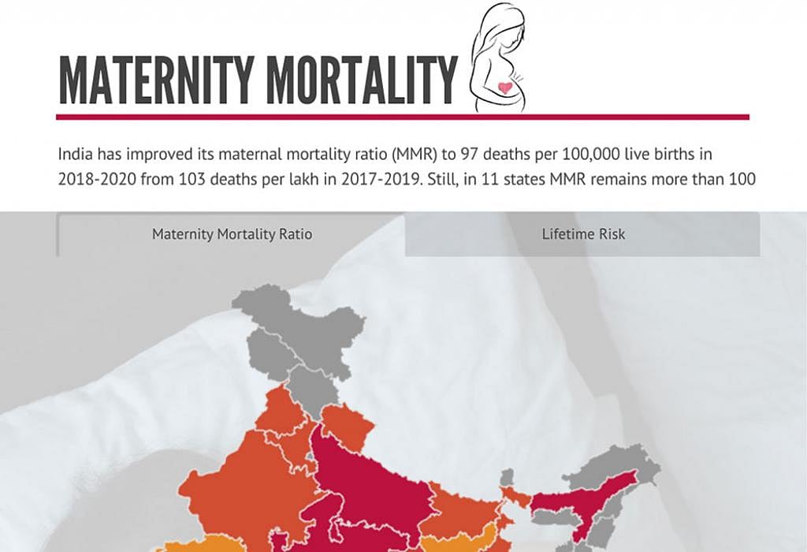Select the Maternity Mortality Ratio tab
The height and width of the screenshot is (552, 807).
[x=232, y=234]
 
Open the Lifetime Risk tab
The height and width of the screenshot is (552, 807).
[x=583, y=234]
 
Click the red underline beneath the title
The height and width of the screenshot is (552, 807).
[x=402, y=117]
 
